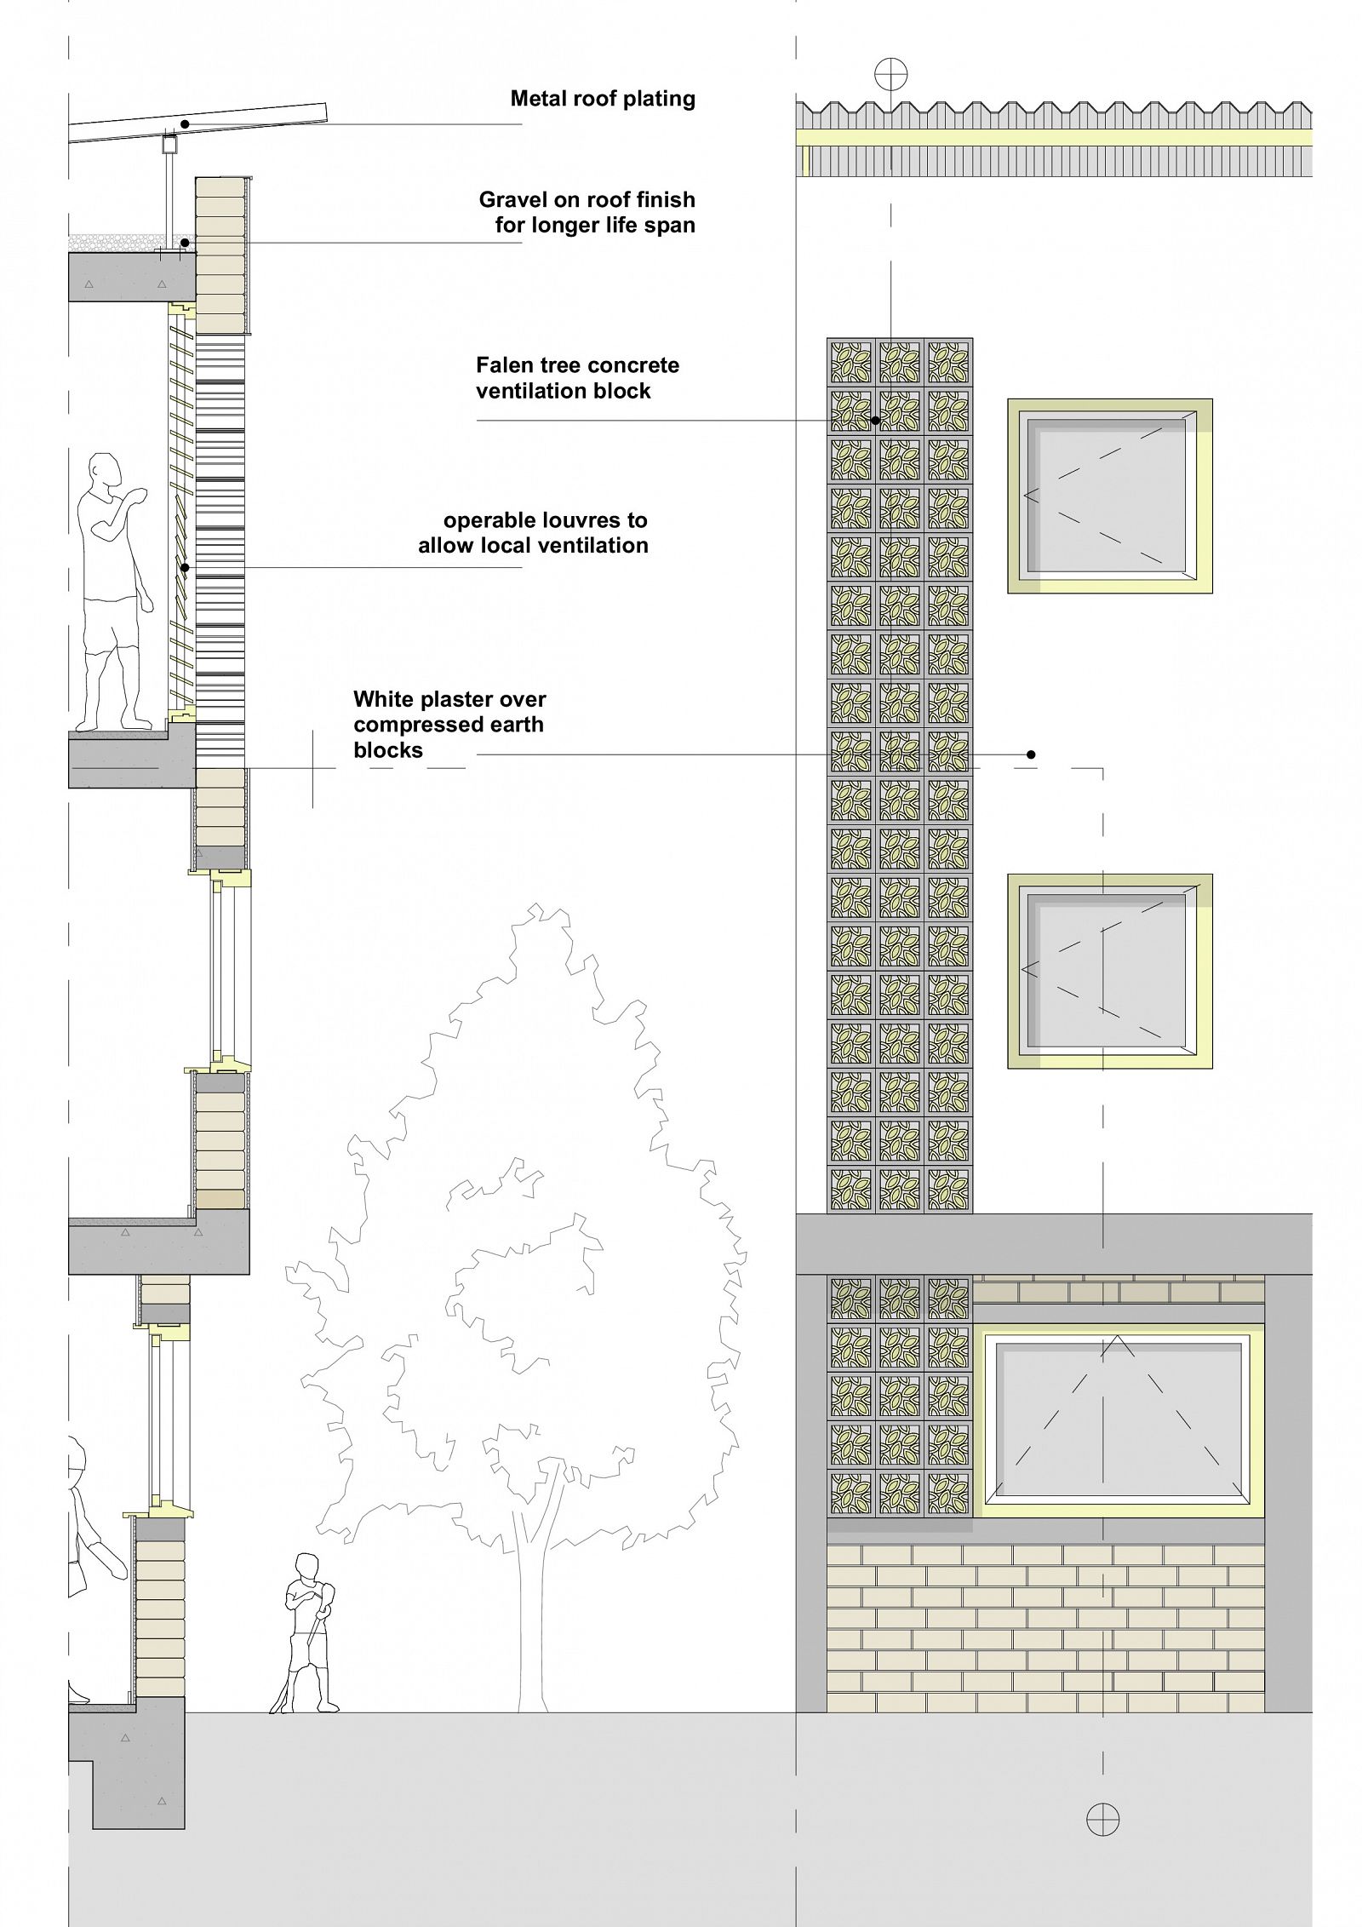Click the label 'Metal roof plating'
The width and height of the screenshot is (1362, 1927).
[603, 99]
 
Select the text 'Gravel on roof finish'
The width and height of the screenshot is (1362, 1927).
[587, 200]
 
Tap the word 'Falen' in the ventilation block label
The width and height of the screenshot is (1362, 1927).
[505, 365]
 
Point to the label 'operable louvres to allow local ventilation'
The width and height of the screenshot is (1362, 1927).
[533, 533]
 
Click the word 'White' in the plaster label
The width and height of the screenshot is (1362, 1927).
[385, 699]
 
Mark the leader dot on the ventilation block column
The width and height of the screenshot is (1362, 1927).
[875, 420]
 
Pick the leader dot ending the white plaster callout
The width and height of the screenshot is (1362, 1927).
[1031, 754]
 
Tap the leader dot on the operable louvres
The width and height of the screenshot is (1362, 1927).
[185, 567]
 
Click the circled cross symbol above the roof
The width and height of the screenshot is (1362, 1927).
[891, 74]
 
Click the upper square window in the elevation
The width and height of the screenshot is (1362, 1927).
[1109, 496]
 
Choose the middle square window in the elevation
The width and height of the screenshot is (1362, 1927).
[1109, 971]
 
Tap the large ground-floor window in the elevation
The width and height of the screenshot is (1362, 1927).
[1118, 1419]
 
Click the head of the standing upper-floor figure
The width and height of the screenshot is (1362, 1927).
[106, 471]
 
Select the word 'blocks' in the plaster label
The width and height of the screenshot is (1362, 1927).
[388, 750]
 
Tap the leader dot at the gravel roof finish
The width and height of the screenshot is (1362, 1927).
[185, 244]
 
